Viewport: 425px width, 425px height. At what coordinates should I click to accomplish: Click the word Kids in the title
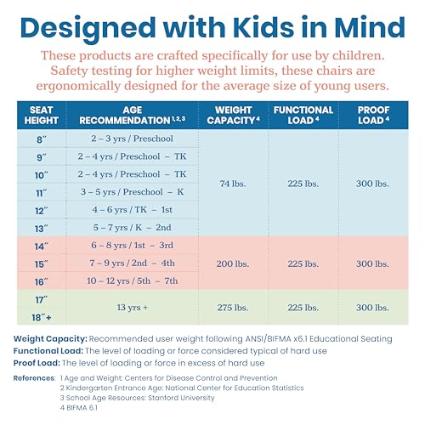tap(263, 27)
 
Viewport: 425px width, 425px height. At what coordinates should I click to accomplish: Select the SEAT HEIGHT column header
tap(42, 115)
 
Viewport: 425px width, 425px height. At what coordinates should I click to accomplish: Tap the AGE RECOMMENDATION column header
tap(133, 115)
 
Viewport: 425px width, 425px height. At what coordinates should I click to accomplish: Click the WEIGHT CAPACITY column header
tap(233, 115)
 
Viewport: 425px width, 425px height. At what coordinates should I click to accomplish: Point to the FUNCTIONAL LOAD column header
tap(303, 115)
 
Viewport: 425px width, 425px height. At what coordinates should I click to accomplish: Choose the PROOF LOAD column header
tap(373, 115)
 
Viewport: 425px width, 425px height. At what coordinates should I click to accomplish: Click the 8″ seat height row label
tap(42, 139)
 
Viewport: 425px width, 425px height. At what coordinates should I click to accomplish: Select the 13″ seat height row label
tap(42, 229)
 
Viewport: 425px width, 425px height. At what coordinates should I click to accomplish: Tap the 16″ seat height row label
tap(42, 282)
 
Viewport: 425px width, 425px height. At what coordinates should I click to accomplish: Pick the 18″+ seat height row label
tap(42, 318)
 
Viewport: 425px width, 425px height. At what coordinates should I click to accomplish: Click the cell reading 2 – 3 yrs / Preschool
tap(132, 139)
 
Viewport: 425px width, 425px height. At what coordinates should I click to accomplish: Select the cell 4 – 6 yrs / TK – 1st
tap(132, 210)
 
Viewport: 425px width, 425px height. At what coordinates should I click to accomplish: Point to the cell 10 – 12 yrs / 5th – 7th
tap(132, 280)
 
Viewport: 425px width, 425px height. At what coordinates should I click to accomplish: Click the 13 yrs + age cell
tap(132, 307)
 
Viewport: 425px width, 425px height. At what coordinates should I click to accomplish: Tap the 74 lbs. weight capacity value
tap(233, 184)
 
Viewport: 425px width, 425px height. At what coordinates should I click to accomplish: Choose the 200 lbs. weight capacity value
tap(233, 263)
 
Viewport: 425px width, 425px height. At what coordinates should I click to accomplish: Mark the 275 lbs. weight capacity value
tap(233, 308)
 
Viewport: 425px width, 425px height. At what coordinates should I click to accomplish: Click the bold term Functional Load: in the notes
tap(48, 351)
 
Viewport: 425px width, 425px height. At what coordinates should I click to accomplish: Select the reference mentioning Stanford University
tap(138, 398)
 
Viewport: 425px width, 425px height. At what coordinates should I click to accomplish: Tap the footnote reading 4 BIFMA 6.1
tap(79, 408)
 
